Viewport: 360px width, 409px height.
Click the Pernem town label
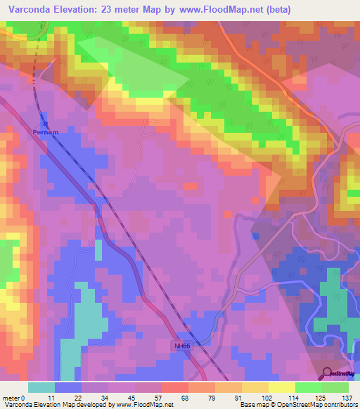(x=41, y=131)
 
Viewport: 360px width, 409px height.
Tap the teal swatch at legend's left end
(x=41, y=387)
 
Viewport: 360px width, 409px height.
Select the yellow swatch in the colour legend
(x=281, y=387)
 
